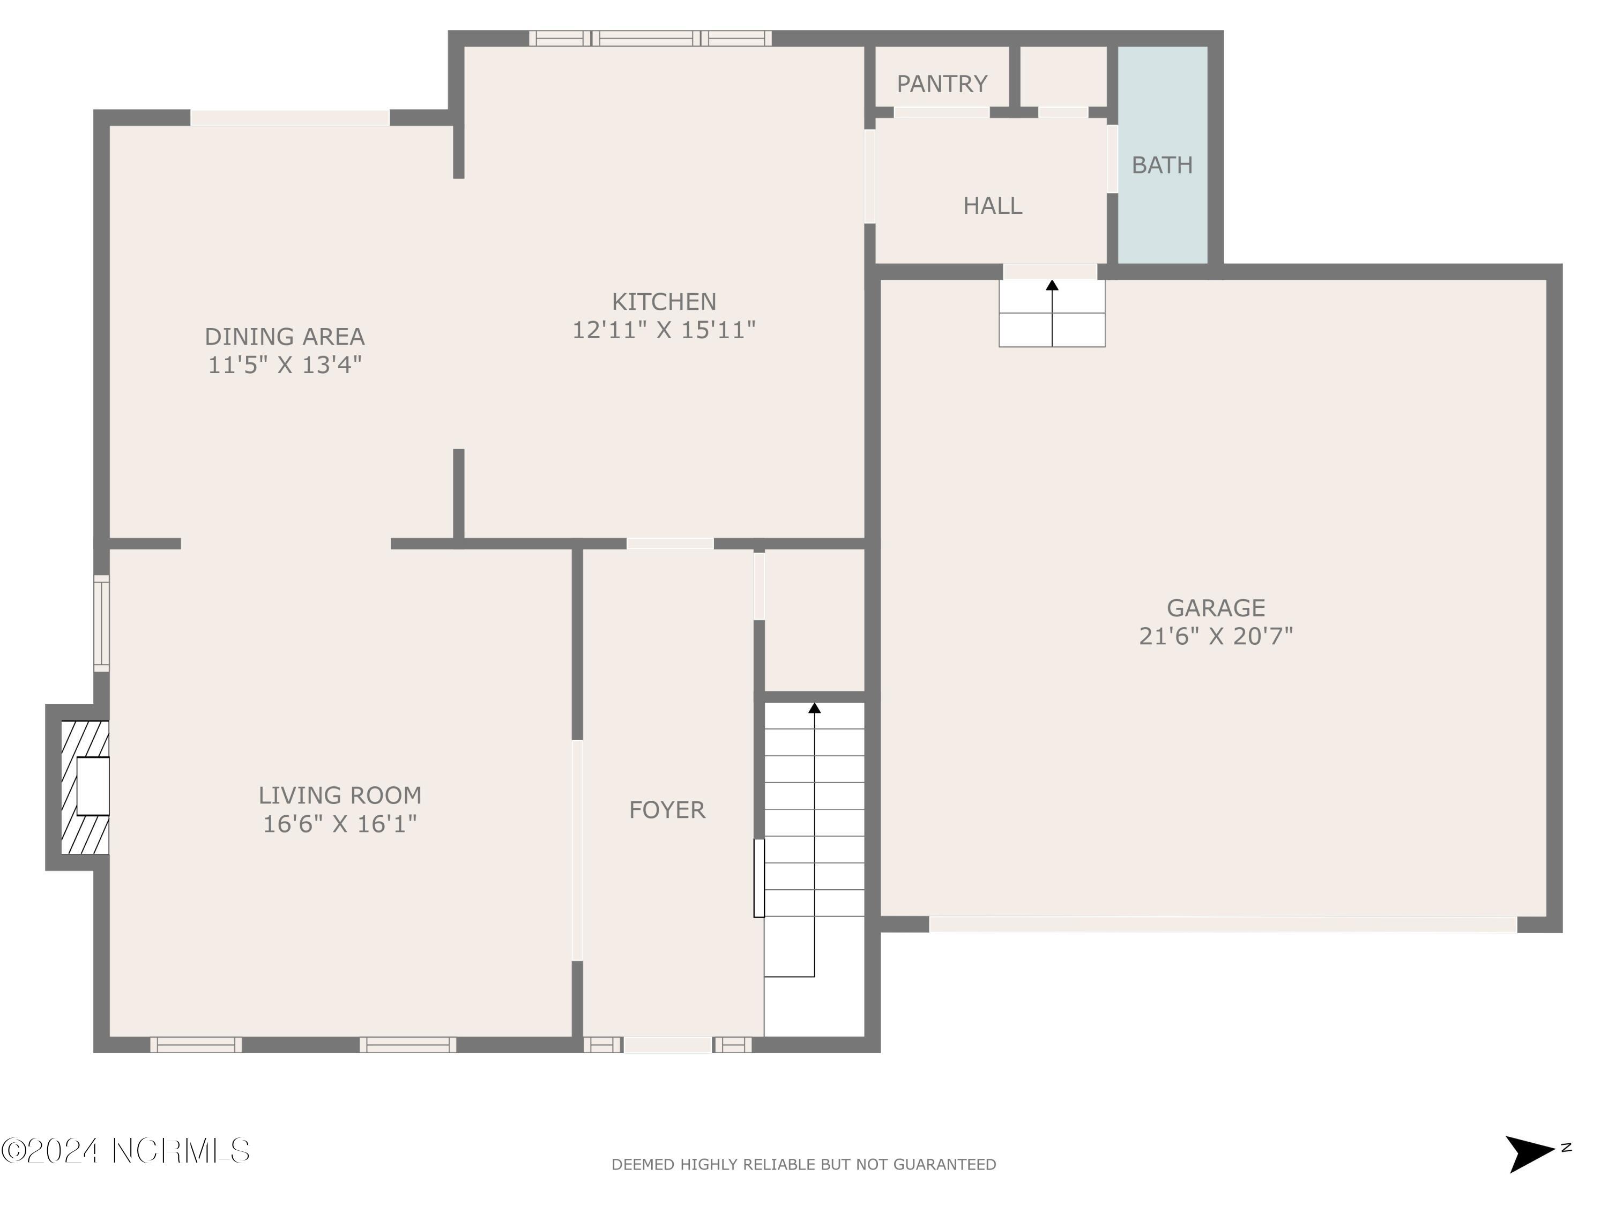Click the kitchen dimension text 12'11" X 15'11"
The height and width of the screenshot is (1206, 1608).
click(x=664, y=331)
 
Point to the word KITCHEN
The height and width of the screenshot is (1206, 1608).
click(x=664, y=302)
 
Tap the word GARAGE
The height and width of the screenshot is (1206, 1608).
click(x=1216, y=608)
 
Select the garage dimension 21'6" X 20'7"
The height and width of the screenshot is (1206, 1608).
click(x=1216, y=637)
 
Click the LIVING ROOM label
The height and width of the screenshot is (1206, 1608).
click(x=339, y=795)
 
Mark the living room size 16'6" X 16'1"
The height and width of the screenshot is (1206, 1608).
click(x=339, y=824)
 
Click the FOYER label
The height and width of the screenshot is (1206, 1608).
click(x=667, y=810)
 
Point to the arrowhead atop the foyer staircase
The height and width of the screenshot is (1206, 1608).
click(x=814, y=708)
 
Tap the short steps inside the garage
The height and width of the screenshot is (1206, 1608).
click(x=1051, y=314)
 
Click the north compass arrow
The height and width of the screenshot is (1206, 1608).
click(x=1530, y=1153)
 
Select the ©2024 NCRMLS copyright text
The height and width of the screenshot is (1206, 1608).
click(x=125, y=1151)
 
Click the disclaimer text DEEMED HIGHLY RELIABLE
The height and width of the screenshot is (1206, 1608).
click(x=803, y=1165)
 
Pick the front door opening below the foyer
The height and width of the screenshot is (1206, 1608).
click(x=667, y=1045)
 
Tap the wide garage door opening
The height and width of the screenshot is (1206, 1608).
click(x=1223, y=925)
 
